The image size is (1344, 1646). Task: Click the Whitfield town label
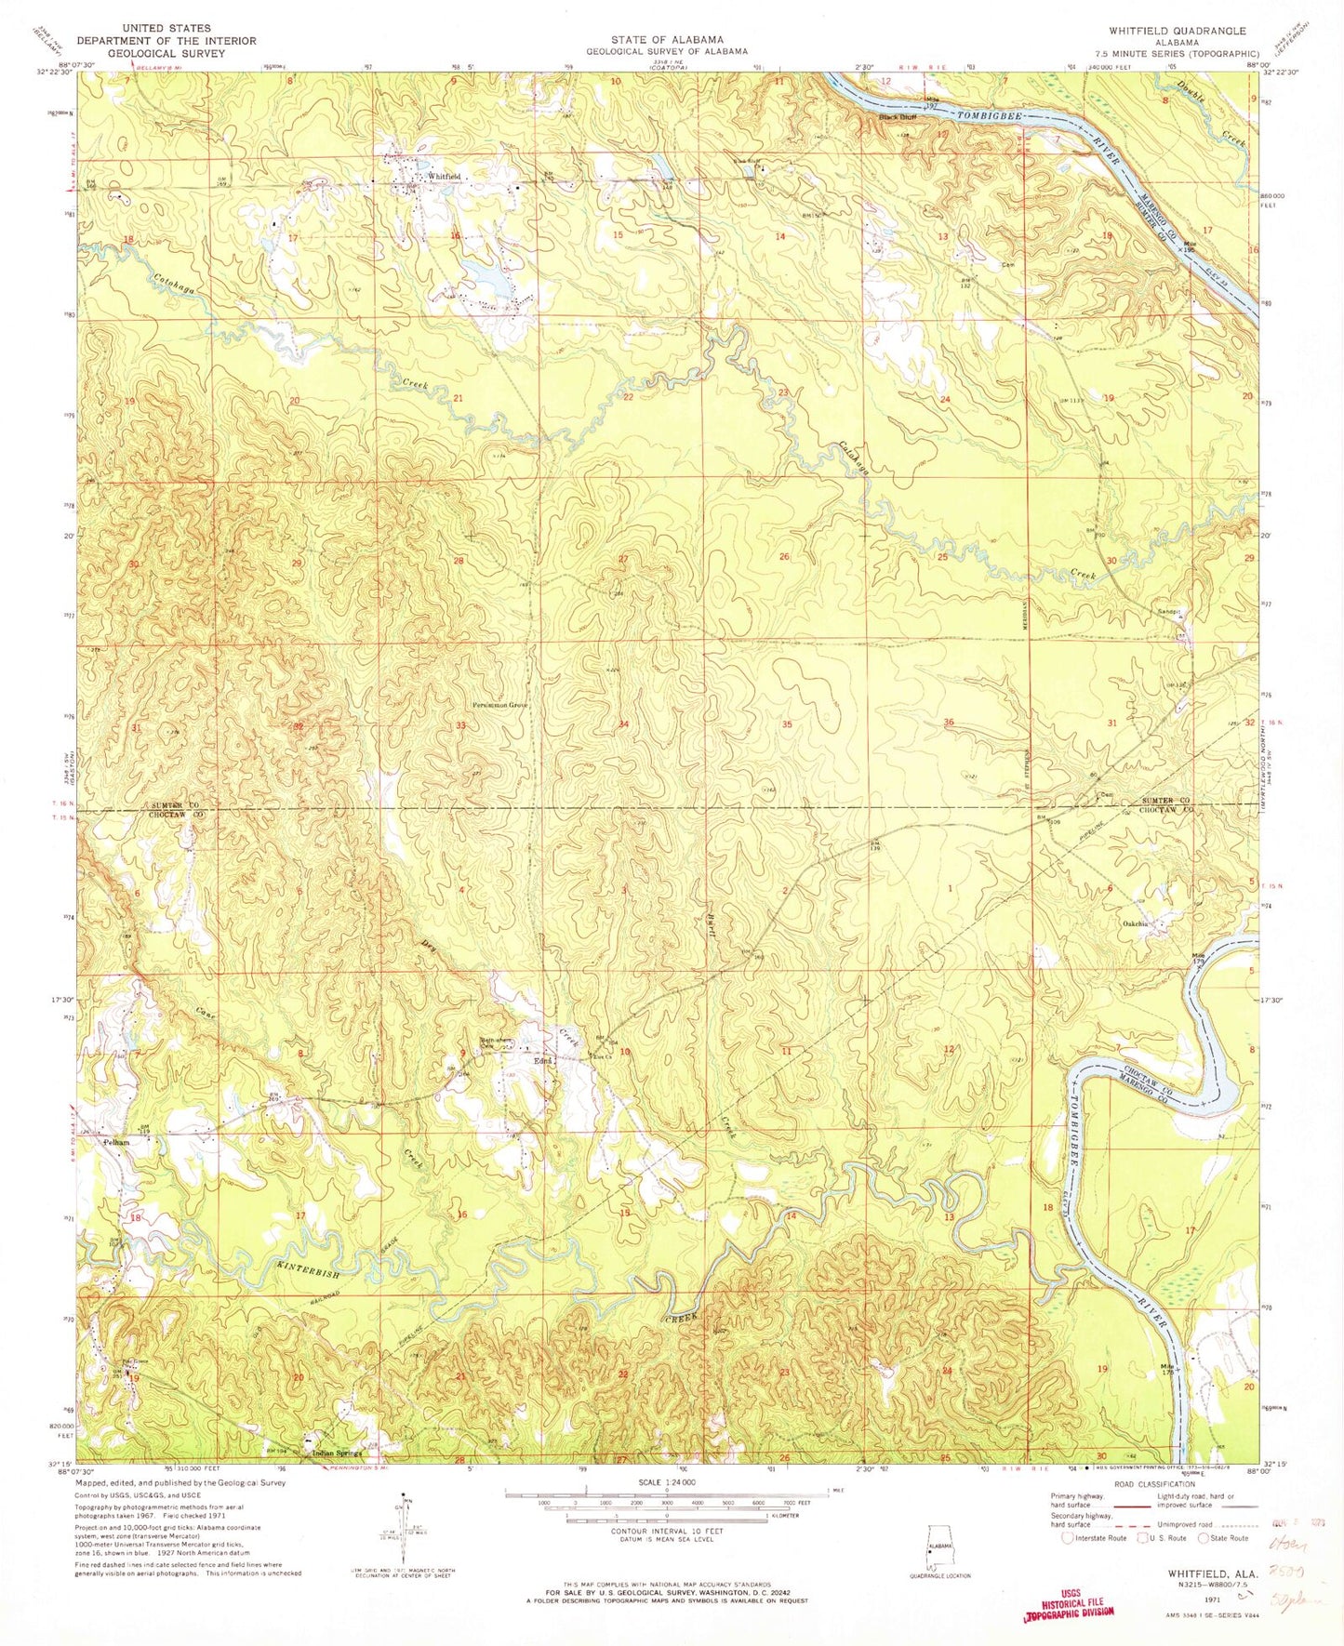(x=444, y=177)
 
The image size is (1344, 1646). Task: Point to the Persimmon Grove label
(x=499, y=706)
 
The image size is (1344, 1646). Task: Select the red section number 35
(x=787, y=723)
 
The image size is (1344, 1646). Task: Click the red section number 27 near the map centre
(x=624, y=559)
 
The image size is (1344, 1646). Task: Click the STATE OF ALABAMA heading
(x=667, y=39)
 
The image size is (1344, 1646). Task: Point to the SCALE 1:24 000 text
(x=666, y=1507)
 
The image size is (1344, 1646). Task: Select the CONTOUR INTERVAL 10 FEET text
(x=667, y=1557)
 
